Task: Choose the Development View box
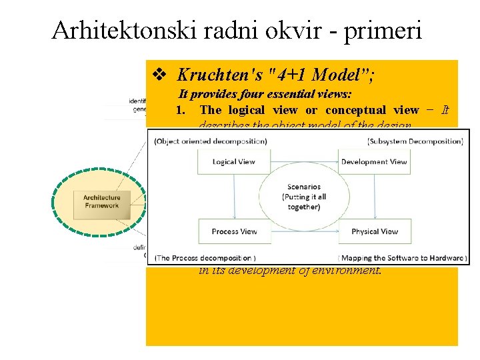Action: tap(373, 162)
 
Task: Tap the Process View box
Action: tap(235, 231)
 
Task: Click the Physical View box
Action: tap(374, 231)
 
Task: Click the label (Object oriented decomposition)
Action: tap(211, 141)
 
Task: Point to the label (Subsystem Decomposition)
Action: tap(415, 141)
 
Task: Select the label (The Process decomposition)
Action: tap(205, 257)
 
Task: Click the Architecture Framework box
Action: tap(101, 201)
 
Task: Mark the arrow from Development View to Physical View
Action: tap(375, 196)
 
